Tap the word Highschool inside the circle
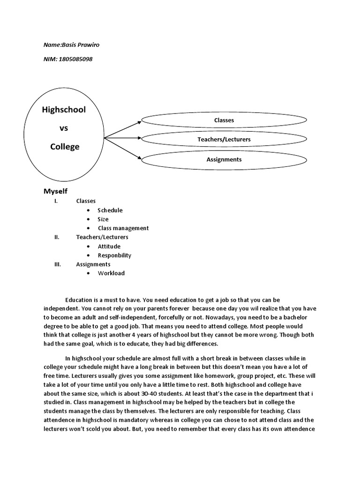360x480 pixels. click(64, 110)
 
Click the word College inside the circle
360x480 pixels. click(65, 147)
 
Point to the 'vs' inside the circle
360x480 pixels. click(64, 128)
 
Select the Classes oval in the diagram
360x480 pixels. click(224, 120)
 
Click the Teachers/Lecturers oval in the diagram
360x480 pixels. click(224, 140)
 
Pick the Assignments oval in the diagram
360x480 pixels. click(224, 159)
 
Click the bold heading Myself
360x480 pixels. click(55, 191)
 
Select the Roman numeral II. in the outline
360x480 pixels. click(57, 237)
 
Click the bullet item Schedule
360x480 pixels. click(110, 210)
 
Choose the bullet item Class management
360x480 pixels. click(123, 228)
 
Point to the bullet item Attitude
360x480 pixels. click(109, 247)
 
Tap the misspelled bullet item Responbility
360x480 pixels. click(114, 255)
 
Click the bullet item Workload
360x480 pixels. click(111, 273)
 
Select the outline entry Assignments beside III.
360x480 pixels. click(93, 264)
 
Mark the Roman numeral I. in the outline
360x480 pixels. click(56, 201)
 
